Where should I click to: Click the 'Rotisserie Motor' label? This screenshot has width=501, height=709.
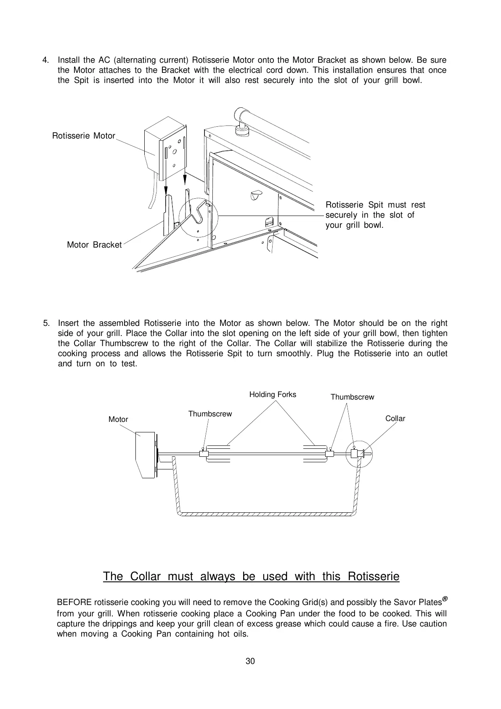83,136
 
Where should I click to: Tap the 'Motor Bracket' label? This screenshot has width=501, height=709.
94,245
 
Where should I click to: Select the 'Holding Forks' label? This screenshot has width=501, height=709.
273,394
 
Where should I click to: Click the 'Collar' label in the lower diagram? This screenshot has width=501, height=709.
395,418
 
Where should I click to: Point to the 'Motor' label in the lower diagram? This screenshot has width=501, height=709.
118,419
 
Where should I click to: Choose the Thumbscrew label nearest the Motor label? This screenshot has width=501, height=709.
210,414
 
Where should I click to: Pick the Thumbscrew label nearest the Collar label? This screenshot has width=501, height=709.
352,397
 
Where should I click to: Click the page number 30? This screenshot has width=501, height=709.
250,661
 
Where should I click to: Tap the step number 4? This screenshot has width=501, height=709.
45,60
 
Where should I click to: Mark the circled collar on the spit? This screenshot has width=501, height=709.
359,454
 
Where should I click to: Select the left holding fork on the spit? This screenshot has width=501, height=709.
217,453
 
